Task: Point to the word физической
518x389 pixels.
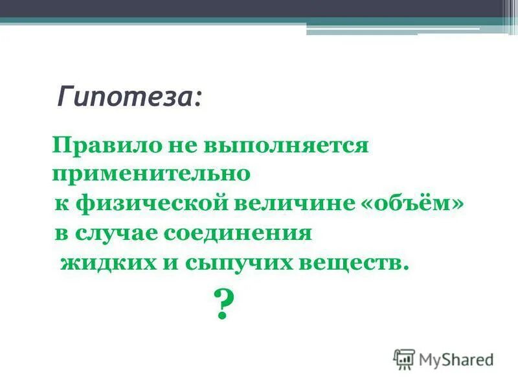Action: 149,204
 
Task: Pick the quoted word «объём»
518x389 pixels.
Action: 414,204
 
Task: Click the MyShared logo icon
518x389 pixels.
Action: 404,359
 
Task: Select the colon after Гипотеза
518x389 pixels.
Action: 197,99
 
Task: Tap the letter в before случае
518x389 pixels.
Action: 61,233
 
